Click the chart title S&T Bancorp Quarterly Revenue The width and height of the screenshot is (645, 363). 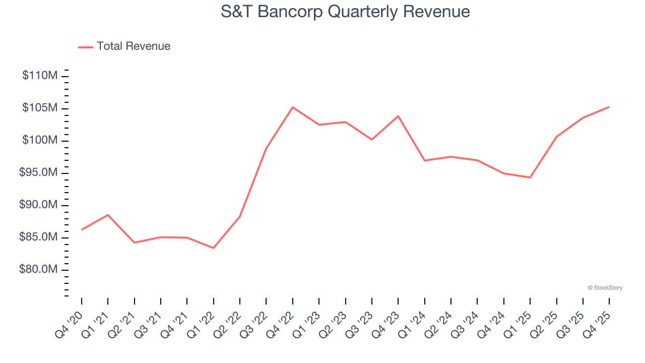[x=345, y=12]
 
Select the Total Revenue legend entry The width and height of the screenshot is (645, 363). [x=124, y=46]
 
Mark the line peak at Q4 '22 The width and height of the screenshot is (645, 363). [x=293, y=107]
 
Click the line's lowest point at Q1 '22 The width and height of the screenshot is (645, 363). [x=214, y=248]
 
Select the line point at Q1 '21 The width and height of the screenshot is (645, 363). [x=108, y=215]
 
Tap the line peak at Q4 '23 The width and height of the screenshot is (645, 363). [x=398, y=116]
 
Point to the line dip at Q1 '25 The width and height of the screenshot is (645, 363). [x=530, y=177]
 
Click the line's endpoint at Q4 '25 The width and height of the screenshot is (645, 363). [x=609, y=107]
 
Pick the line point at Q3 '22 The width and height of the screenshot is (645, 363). [x=266, y=148]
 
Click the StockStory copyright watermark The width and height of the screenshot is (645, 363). [x=605, y=288]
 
